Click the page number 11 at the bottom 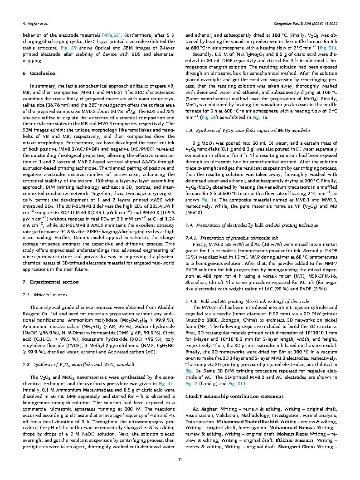tap(180, 460)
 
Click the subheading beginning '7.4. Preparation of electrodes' tap(252, 225)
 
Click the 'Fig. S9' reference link tap(68, 47)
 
